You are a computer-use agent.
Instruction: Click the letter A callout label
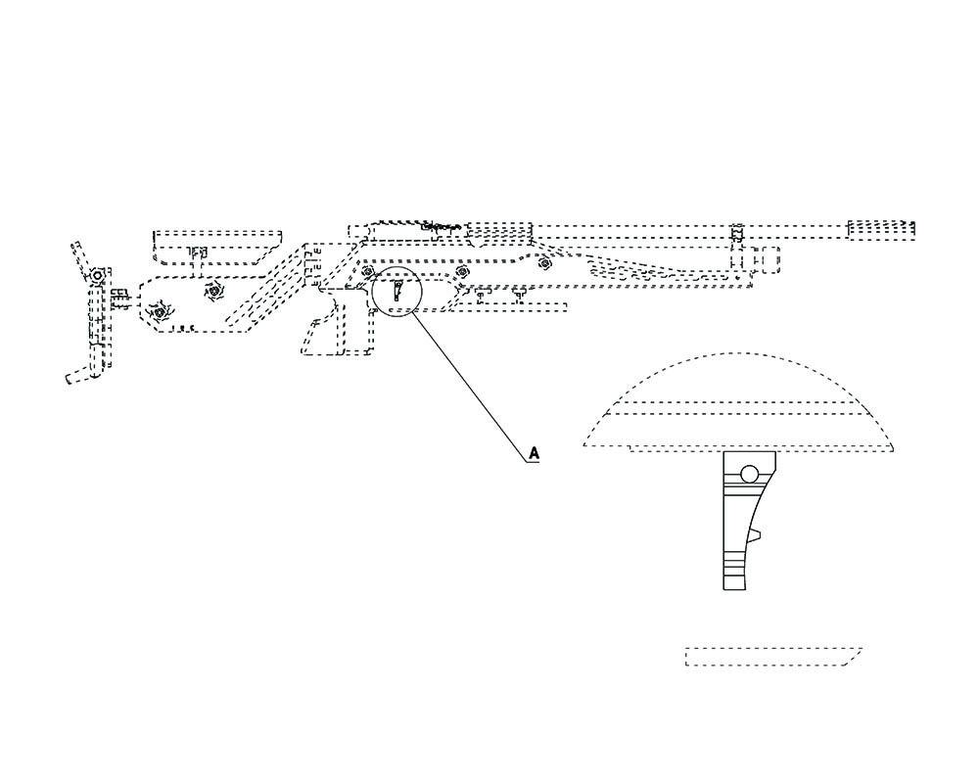tap(534, 452)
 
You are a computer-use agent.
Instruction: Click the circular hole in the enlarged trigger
tap(750, 475)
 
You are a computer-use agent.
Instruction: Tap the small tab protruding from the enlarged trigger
tap(755, 535)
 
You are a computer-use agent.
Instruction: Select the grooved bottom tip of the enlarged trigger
tap(737, 572)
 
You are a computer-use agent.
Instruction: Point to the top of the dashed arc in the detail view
tap(739, 354)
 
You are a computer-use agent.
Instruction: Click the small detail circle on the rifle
tap(396, 291)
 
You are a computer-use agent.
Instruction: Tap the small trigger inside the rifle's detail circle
tap(397, 291)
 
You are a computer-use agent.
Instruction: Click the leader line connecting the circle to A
tap(470, 382)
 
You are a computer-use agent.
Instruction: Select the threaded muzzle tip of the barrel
tap(881, 231)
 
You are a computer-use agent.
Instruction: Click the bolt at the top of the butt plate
tap(98, 277)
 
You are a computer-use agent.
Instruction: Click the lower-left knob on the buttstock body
tap(158, 312)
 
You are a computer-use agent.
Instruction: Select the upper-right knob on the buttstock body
tap(212, 291)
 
